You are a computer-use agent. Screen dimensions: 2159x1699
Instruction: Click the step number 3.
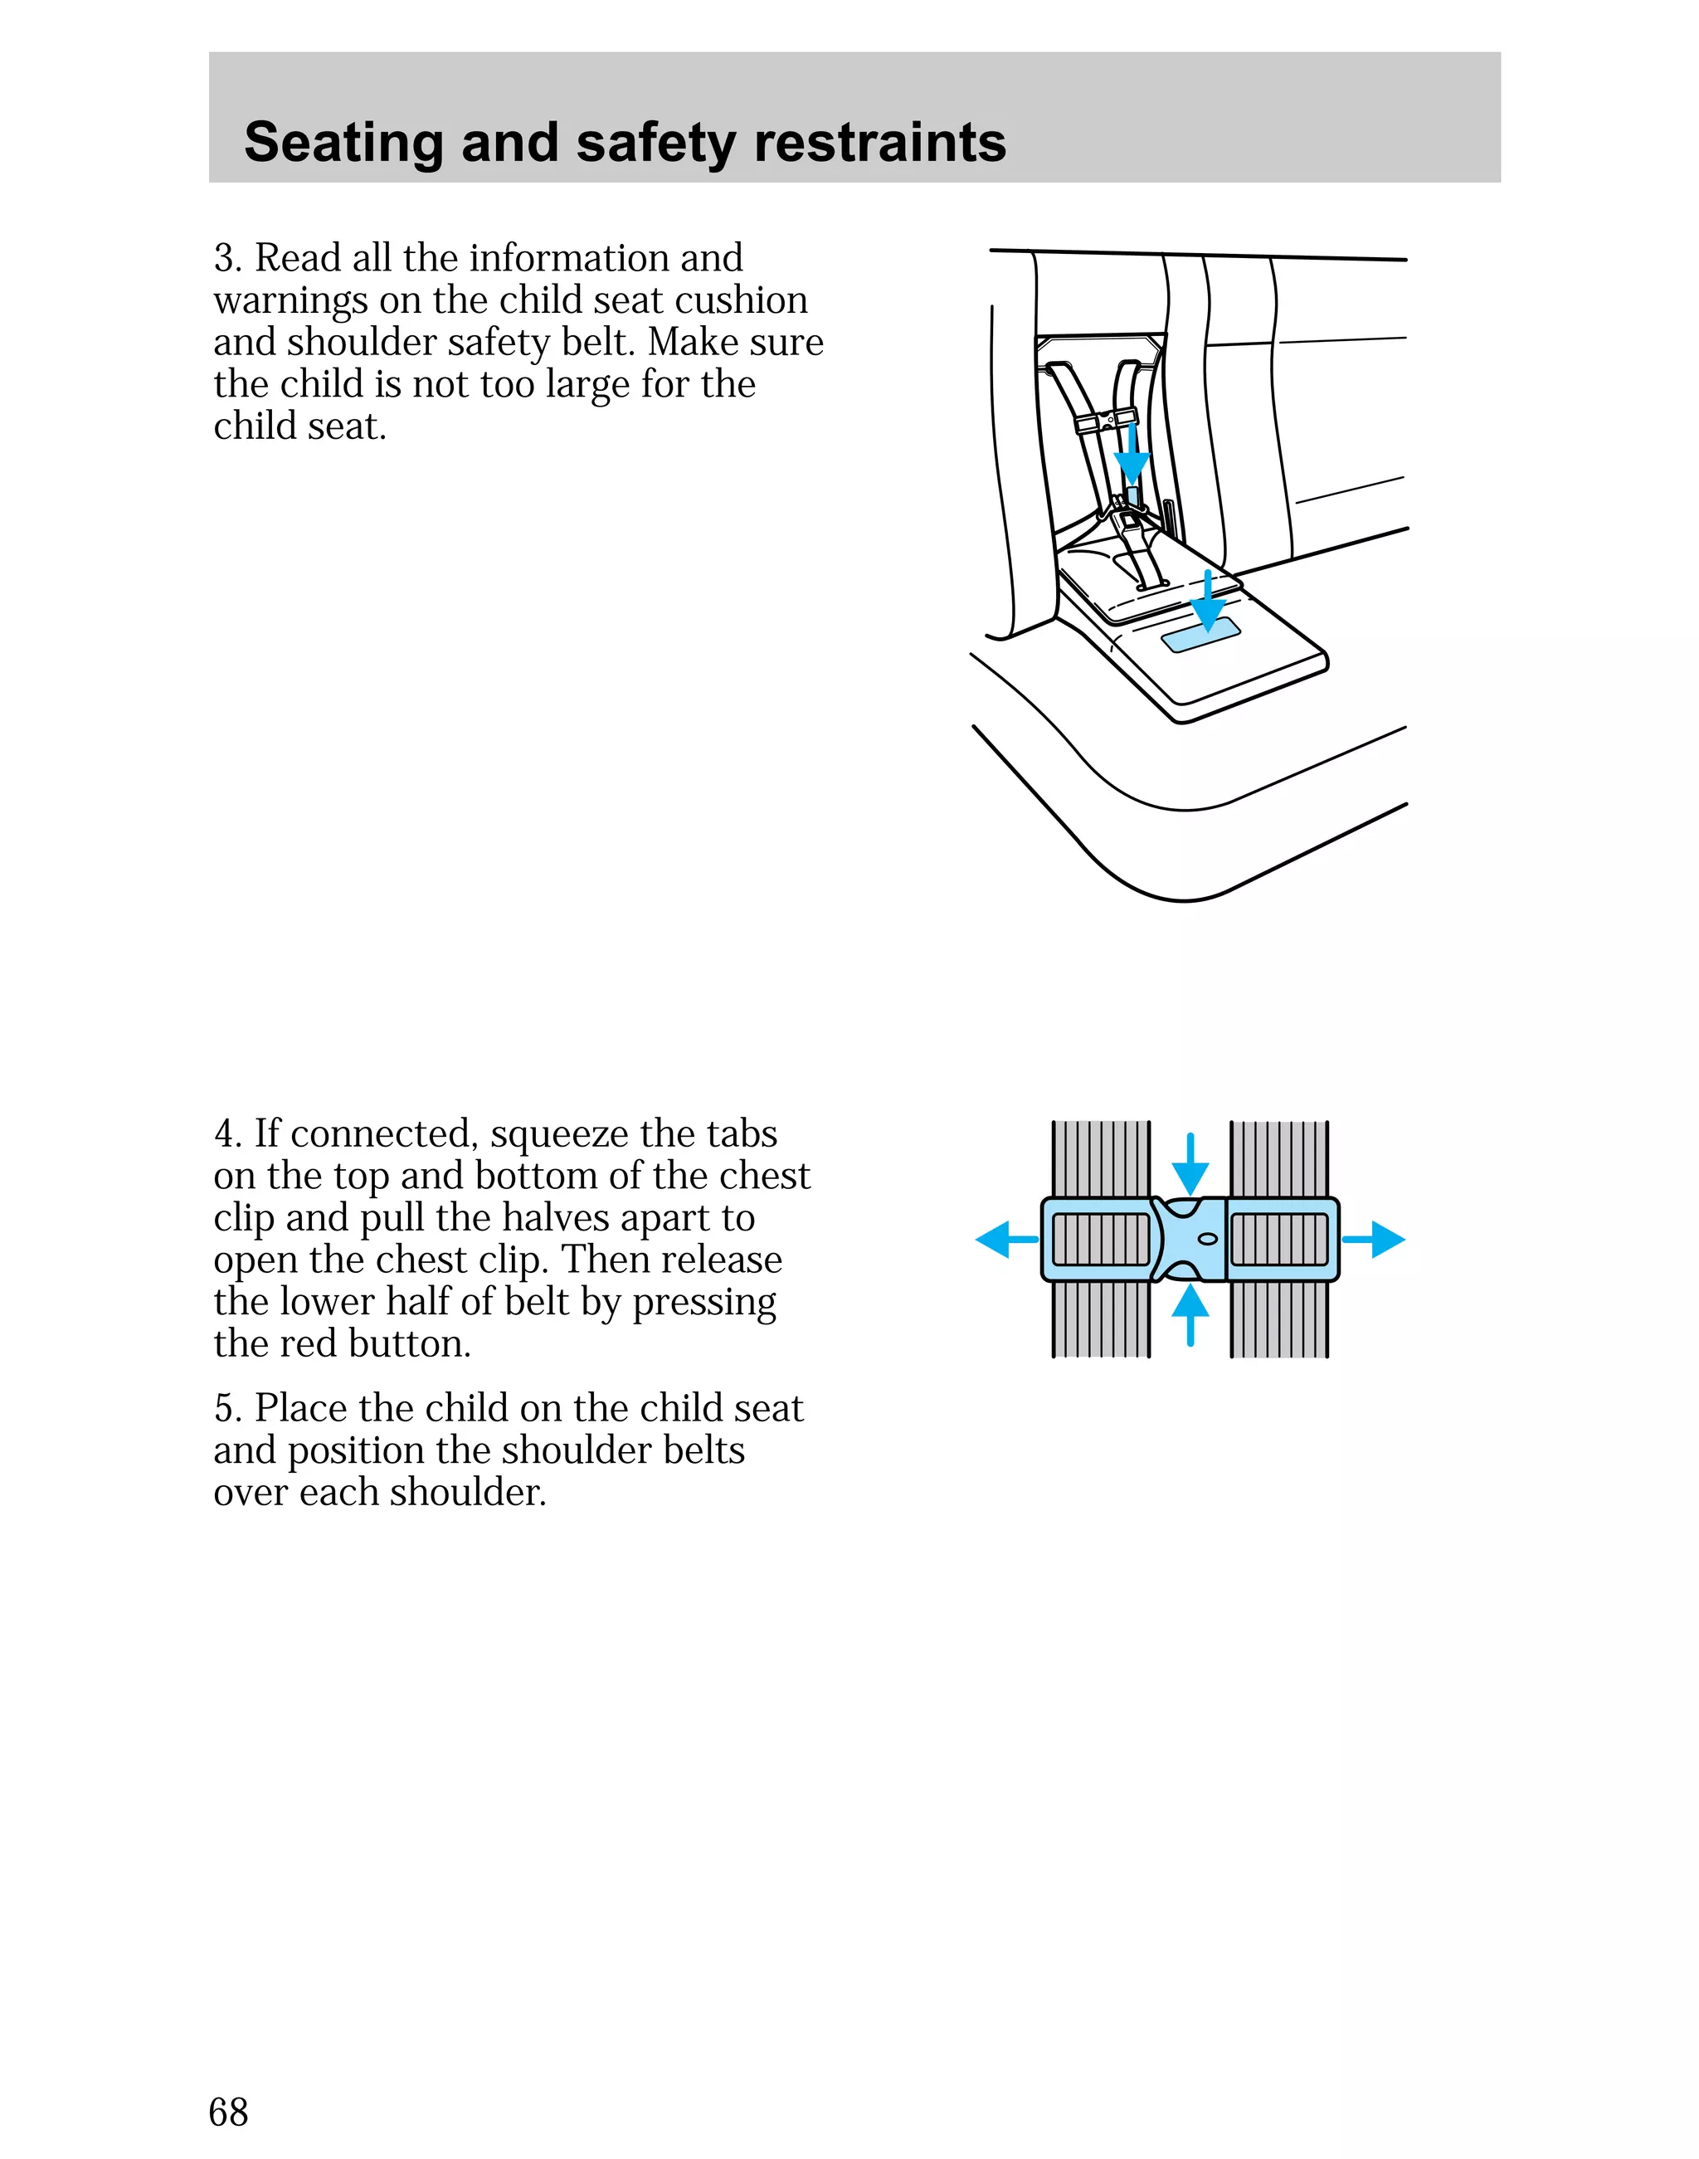click(226, 259)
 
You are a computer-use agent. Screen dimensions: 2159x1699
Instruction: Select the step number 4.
click(226, 1134)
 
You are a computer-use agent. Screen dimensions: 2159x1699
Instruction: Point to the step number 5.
click(226, 1409)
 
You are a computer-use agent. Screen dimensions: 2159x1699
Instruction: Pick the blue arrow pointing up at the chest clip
click(1190, 1314)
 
